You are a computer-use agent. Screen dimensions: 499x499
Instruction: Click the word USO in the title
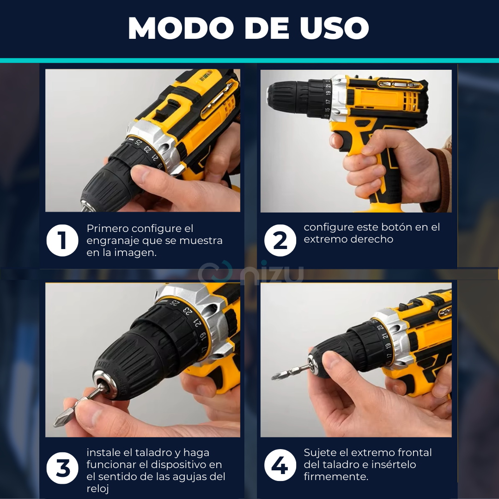(334, 28)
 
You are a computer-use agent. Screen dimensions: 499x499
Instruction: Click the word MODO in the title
(181, 28)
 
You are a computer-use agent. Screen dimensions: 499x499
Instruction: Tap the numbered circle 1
(62, 240)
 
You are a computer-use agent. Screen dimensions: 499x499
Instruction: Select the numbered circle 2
(280, 240)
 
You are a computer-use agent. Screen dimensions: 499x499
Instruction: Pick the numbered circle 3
(62, 468)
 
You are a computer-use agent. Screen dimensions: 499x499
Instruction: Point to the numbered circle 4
(280, 465)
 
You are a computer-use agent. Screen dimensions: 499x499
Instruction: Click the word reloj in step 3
(97, 489)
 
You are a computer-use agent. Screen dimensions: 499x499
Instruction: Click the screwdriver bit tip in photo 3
(56, 424)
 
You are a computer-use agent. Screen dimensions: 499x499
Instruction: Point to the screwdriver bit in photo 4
(291, 371)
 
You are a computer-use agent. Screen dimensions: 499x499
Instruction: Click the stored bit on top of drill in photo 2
(400, 84)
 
